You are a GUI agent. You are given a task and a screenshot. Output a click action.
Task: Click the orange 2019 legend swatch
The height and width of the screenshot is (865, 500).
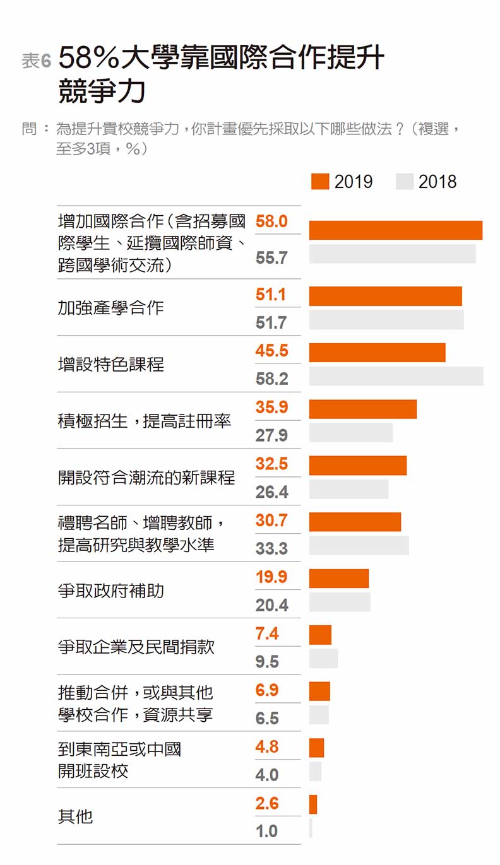pos(320,182)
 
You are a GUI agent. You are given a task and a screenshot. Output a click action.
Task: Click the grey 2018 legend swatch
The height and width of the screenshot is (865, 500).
pos(405,182)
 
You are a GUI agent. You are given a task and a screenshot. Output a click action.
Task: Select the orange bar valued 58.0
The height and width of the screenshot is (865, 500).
pos(395,230)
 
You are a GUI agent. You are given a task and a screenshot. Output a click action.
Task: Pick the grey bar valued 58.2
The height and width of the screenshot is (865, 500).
pos(396,376)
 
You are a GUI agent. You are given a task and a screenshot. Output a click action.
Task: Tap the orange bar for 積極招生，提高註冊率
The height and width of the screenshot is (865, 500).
pos(362,409)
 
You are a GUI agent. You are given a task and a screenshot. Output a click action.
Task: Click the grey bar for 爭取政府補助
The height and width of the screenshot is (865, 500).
pos(340,602)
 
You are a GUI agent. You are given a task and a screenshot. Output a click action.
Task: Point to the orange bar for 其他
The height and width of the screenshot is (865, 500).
pos(313,804)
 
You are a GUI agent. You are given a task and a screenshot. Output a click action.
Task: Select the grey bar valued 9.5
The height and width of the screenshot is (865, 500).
pos(323,658)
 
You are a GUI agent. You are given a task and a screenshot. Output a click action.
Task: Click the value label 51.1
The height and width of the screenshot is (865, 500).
pos(271,295)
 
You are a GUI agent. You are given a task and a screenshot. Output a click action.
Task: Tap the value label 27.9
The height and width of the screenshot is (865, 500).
pos(271,435)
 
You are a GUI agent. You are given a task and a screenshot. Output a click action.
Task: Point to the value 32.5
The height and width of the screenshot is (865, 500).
pos(271,464)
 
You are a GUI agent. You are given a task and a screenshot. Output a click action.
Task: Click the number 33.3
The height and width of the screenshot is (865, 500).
pos(271,549)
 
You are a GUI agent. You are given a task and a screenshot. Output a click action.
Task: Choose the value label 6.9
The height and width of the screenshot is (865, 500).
pos(267,690)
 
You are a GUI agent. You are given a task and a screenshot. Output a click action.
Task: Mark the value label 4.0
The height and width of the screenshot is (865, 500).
pos(267,775)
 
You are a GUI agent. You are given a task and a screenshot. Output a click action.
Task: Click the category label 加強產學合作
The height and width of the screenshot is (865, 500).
pos(111,308)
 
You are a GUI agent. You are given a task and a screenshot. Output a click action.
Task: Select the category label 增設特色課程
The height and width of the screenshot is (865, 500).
pos(111,365)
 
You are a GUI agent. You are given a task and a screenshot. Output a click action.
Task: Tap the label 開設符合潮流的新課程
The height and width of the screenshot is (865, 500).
pos(146,478)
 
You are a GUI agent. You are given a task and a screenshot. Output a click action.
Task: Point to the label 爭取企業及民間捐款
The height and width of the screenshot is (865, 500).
pos(136,647)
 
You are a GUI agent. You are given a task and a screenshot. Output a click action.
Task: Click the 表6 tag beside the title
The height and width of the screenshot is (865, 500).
pos(36,61)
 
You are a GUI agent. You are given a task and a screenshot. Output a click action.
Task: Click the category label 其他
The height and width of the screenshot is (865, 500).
pos(76,817)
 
